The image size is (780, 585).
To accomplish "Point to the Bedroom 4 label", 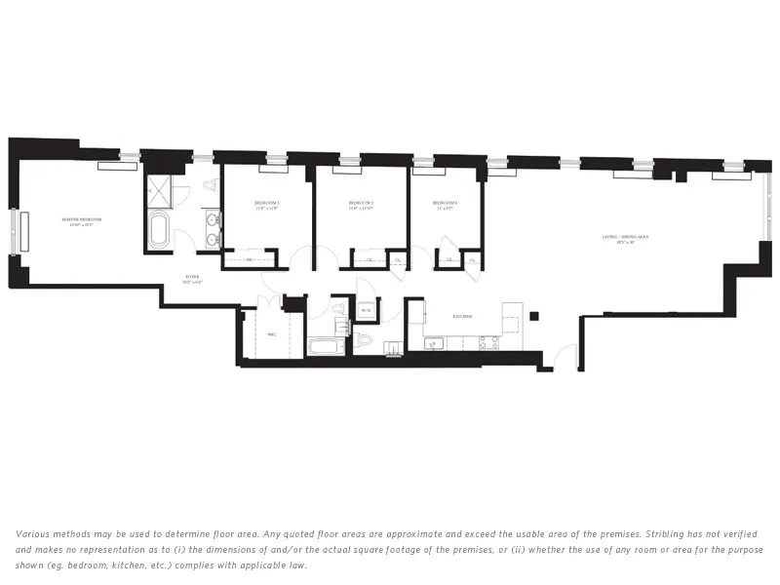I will click(x=446, y=204).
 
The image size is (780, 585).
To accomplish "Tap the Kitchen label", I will click(x=463, y=317).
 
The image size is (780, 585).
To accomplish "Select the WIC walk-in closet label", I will click(x=272, y=335).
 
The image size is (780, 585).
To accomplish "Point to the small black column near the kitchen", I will click(x=534, y=315).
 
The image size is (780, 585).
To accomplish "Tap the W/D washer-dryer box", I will click(x=367, y=312).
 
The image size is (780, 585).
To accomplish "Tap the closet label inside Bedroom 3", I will click(x=248, y=259).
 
